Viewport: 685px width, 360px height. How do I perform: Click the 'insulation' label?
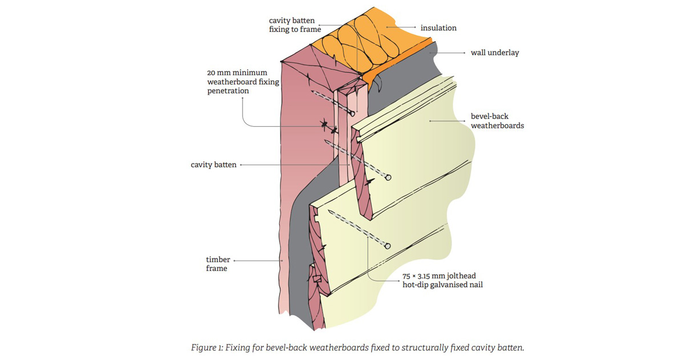pyautogui.click(x=438, y=28)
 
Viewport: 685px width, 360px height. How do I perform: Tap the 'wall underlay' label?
pyautogui.click(x=495, y=52)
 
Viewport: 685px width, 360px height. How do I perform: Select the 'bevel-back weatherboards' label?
pyautogui.click(x=497, y=121)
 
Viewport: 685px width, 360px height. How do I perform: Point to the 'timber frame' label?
pyautogui.click(x=217, y=264)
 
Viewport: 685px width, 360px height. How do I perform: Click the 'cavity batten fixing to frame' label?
pyautogui.click(x=295, y=25)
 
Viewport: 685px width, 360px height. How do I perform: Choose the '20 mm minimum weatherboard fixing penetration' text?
pyautogui.click(x=243, y=82)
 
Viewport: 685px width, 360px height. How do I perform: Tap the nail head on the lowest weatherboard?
pyautogui.click(x=388, y=246)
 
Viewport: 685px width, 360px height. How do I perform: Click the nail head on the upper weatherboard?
pyautogui.click(x=388, y=177)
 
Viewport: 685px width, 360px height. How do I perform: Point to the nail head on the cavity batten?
pyautogui.click(x=352, y=114)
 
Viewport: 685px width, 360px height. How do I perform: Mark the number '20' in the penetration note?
pyautogui.click(x=211, y=73)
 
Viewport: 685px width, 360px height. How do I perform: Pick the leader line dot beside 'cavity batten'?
pyautogui.click(x=241, y=165)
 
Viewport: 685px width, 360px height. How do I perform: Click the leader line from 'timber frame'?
pyautogui.click(x=259, y=261)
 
